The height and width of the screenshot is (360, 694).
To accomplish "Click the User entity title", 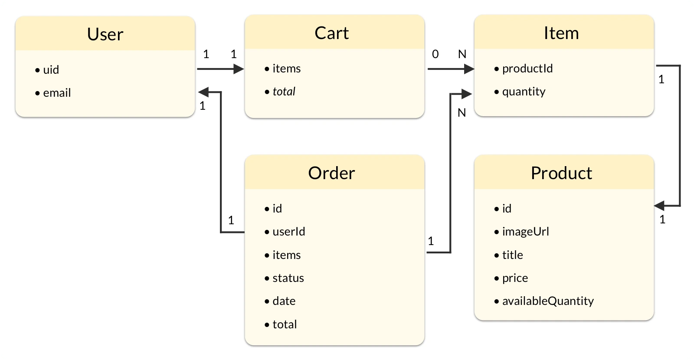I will [105, 34].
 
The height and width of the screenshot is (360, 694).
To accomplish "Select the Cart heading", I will [331, 33].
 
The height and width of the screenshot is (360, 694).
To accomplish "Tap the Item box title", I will [561, 33].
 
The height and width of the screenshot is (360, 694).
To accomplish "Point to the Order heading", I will [331, 173].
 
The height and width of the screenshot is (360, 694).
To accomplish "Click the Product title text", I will [561, 173].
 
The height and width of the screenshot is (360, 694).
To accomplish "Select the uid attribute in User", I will [51, 70].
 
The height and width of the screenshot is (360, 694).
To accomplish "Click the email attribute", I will [57, 93].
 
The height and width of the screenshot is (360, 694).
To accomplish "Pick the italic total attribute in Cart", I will [284, 92].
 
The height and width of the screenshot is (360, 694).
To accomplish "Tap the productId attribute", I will [527, 69].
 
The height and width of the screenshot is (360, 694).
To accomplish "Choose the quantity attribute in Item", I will [524, 92].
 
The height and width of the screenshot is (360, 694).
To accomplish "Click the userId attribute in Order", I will [288, 232].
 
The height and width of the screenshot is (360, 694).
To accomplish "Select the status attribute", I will [288, 278].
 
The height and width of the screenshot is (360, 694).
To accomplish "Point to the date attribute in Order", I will [284, 301].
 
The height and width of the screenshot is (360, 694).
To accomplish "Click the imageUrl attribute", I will [525, 232].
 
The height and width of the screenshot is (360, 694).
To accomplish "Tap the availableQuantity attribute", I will [547, 301].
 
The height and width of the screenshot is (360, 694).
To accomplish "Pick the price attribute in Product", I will [515, 278].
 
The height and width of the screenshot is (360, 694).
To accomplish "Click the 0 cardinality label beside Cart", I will [435, 54].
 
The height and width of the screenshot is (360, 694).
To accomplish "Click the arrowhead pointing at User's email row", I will [203, 92].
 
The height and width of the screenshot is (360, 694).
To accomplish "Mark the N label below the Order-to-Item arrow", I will [462, 113].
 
